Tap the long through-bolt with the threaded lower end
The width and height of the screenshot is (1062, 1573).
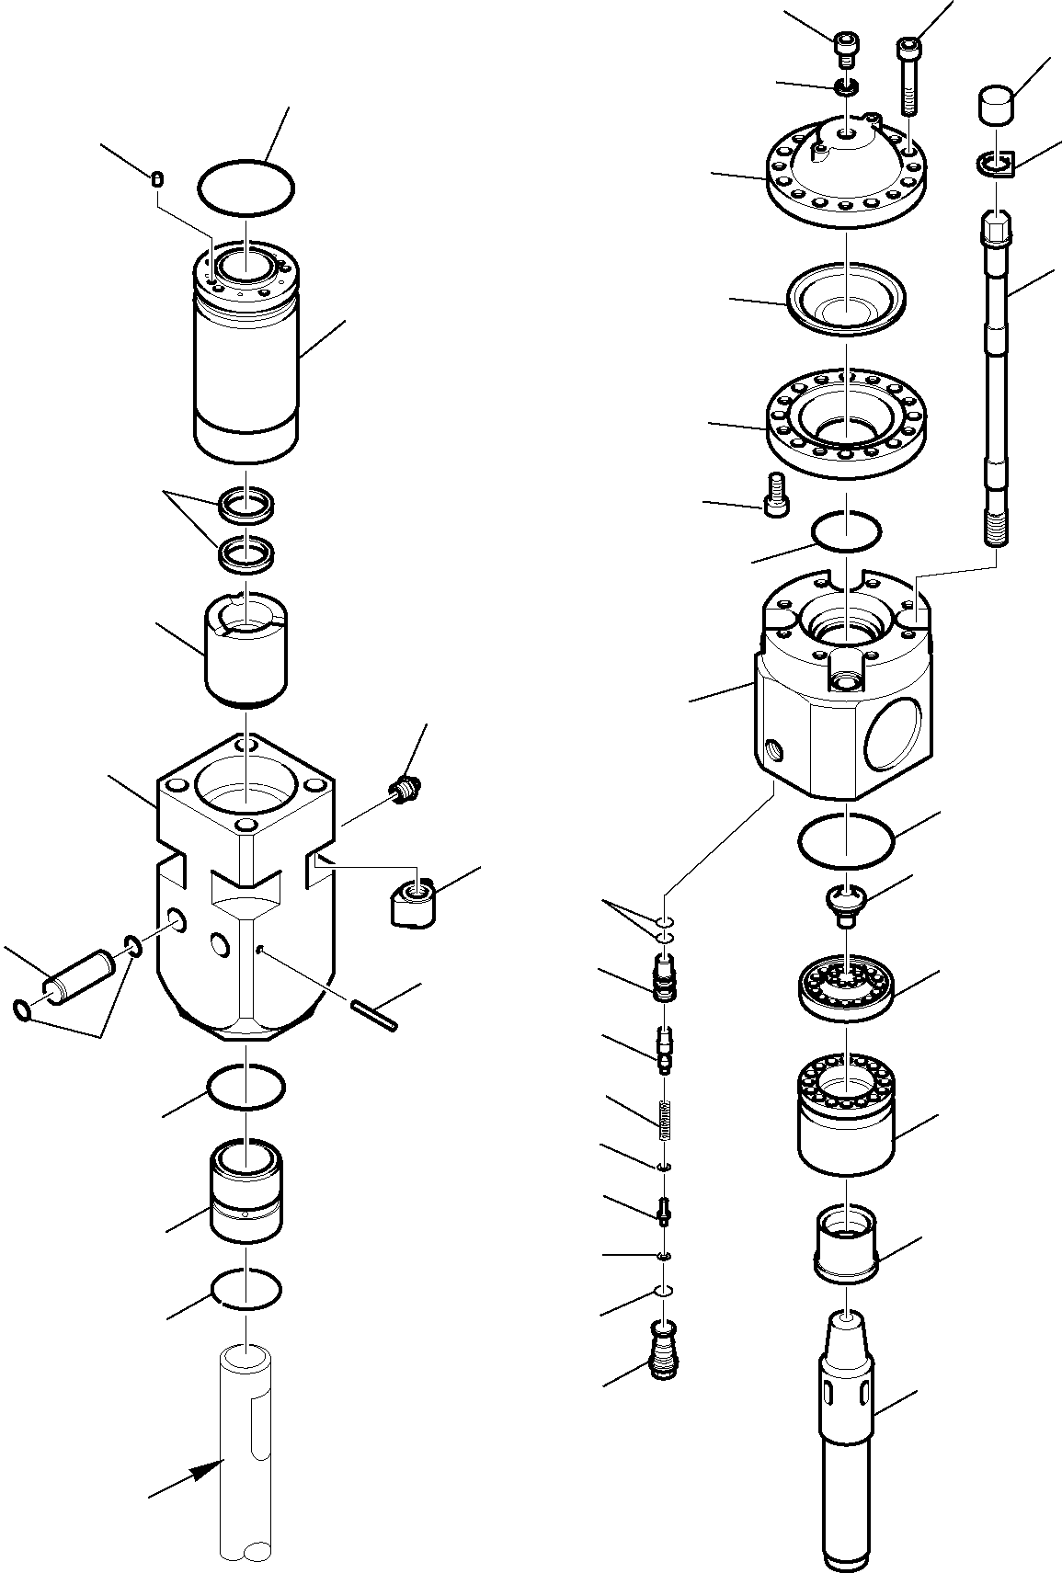998,386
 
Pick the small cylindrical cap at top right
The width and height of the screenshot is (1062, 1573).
994,104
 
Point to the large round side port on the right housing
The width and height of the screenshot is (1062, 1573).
892,733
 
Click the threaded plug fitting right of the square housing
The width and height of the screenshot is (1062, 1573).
403,790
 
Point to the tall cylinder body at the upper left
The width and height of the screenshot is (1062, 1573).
246,368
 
